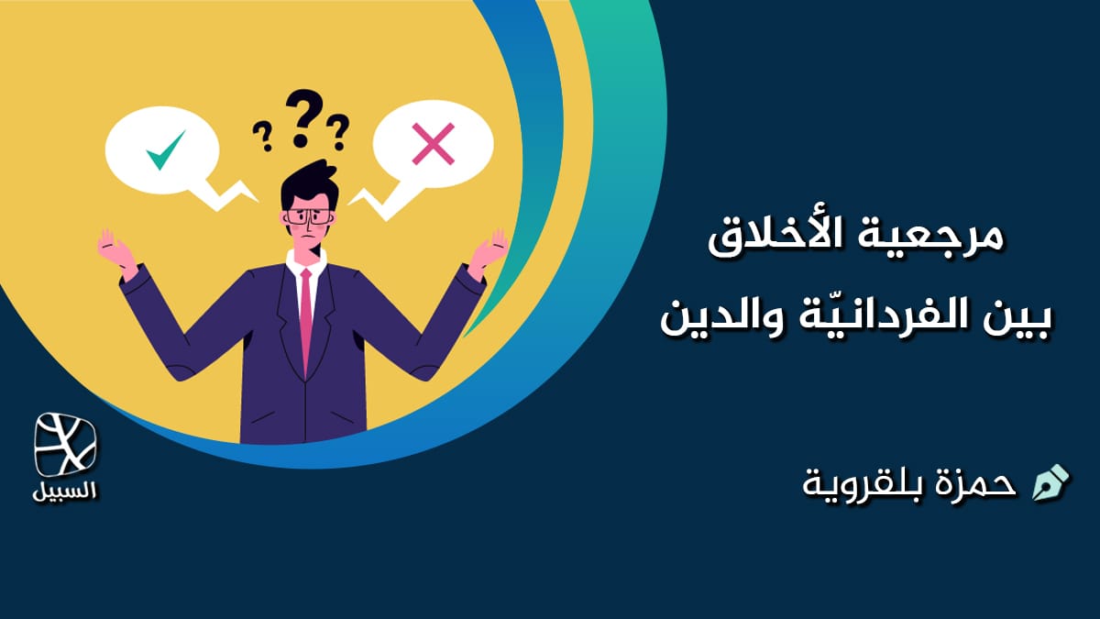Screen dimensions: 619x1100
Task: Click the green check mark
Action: click(x=165, y=149)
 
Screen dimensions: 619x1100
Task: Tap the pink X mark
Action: click(x=434, y=145)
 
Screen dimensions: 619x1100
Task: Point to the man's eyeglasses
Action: click(x=309, y=217)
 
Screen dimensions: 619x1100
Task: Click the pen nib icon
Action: click(x=1050, y=482)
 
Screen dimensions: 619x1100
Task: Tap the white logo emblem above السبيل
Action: click(x=65, y=445)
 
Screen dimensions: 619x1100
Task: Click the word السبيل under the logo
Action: click(x=65, y=490)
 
